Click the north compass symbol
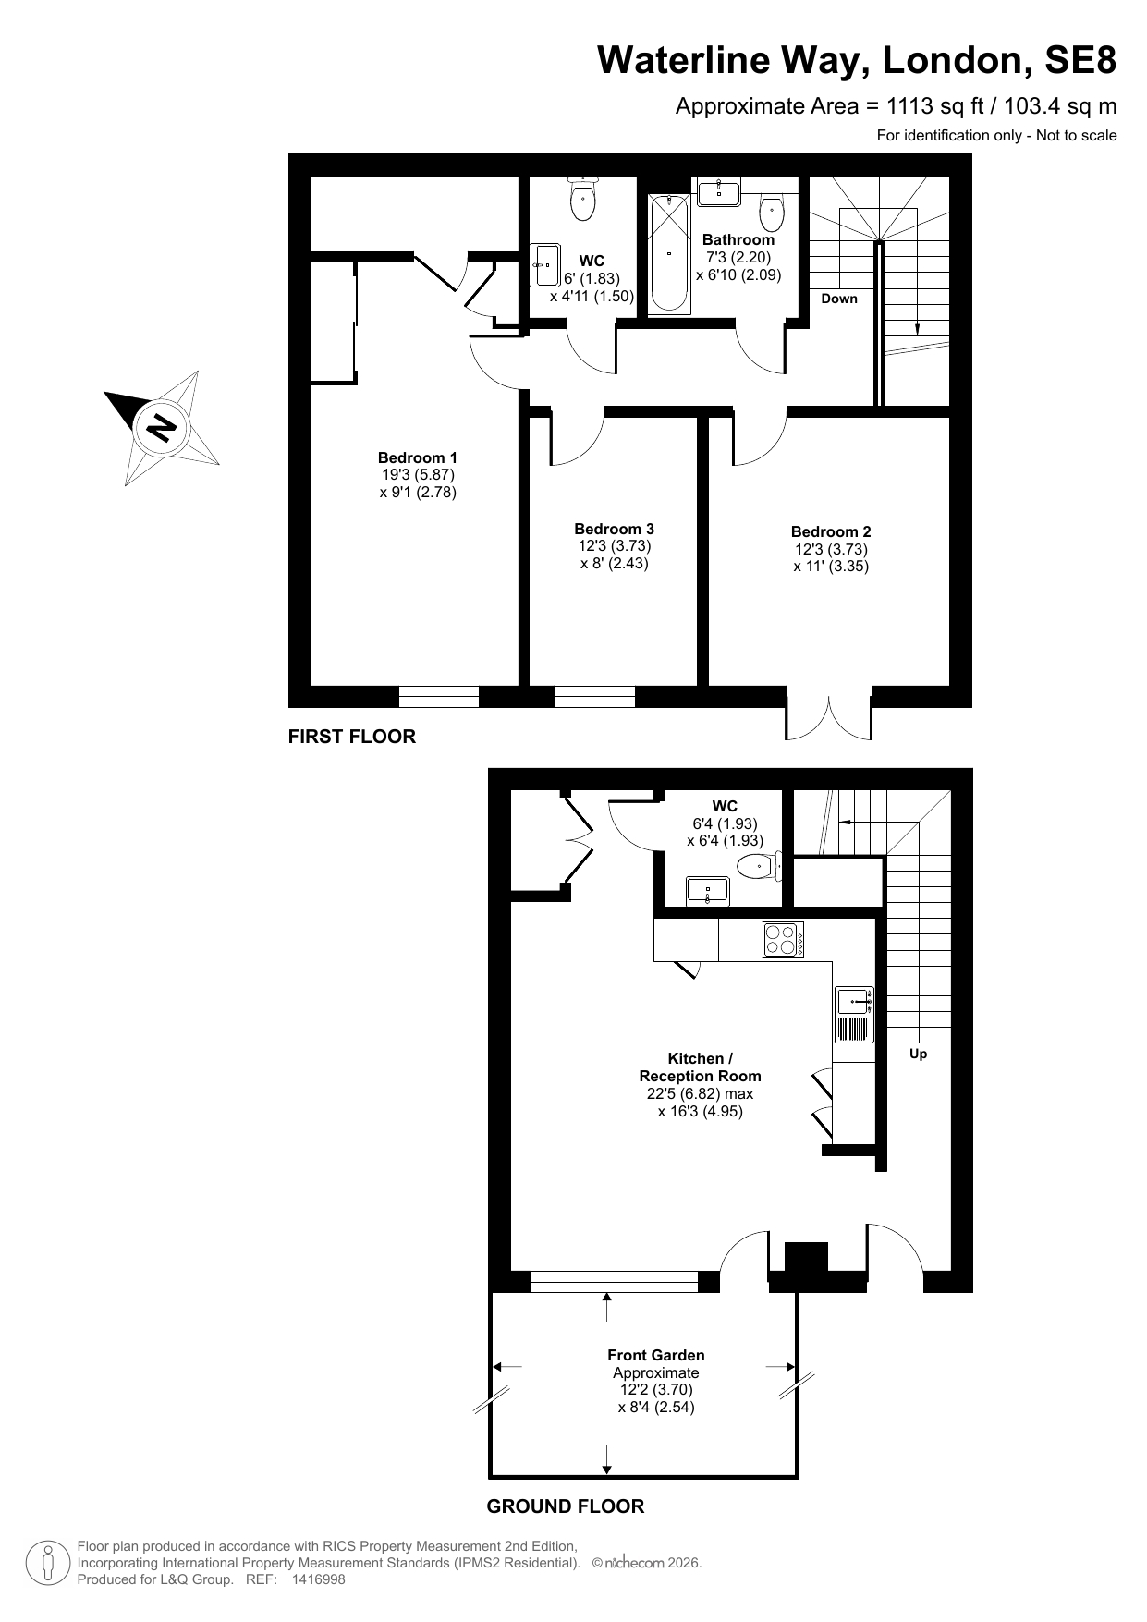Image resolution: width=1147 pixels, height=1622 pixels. point(161,428)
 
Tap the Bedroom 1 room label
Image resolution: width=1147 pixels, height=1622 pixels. point(418,457)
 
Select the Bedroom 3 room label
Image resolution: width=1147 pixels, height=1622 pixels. point(615,529)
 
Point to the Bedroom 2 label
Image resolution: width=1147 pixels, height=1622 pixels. point(831,531)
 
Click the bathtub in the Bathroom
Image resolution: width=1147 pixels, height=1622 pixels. point(669,252)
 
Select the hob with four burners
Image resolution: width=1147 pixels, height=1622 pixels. point(783,940)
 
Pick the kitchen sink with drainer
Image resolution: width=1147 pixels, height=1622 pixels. point(855,1015)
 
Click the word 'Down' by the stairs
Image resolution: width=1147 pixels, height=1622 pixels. point(839,299)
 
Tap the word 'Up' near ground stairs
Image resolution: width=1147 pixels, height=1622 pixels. point(918,1054)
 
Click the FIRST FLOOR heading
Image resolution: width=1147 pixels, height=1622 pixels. point(352,737)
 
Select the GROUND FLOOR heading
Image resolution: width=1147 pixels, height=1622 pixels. point(566,1506)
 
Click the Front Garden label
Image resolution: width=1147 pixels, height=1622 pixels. point(656,1355)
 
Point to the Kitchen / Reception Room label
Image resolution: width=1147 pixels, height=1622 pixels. point(701,1067)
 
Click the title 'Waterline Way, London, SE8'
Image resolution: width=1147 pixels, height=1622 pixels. point(857,61)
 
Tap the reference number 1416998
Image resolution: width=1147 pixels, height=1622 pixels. point(318,1579)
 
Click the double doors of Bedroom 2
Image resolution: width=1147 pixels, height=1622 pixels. point(829,713)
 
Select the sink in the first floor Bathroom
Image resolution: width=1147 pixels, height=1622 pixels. point(718,191)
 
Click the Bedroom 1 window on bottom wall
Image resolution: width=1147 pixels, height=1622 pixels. point(439,697)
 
